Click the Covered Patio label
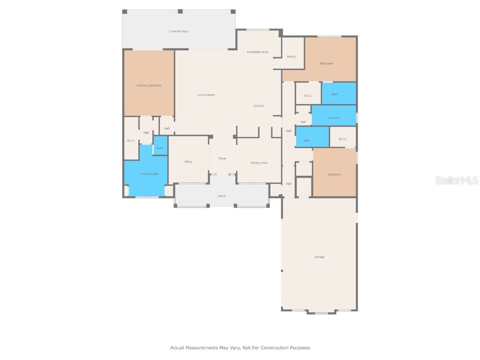point(179,31)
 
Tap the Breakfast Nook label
point(258,52)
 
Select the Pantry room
point(291,57)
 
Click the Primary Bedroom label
point(149,85)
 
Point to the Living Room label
point(206,95)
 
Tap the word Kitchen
point(259,106)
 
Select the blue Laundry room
point(334,119)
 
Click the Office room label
point(188,162)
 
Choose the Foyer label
point(223,158)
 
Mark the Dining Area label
point(259,163)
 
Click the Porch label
point(222,196)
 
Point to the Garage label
point(319,257)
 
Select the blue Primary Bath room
point(150,174)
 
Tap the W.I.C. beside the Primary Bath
point(131,141)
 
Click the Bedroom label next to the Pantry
point(327,63)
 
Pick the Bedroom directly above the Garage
point(334,174)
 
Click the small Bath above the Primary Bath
point(160,148)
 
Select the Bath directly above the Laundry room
point(335,94)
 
